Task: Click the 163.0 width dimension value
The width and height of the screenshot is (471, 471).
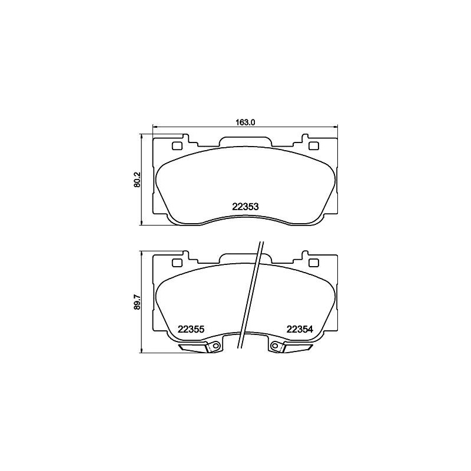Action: coord(244,122)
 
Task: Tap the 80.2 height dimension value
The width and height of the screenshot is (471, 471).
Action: coord(137,179)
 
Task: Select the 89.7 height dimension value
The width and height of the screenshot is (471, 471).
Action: coord(137,301)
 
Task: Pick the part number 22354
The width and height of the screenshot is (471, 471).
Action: coord(299,329)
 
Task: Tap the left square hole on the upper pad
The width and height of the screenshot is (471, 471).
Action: coord(177,146)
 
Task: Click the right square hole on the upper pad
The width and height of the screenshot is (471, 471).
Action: coord(314,146)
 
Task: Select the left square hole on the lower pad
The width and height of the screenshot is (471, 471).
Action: coord(177,263)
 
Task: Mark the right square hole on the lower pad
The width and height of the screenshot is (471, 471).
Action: coord(314,263)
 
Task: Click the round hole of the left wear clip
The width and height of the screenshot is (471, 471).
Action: coord(215,346)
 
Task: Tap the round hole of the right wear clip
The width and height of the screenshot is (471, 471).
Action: coord(275,346)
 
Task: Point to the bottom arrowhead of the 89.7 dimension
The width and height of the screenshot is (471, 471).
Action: coord(142,351)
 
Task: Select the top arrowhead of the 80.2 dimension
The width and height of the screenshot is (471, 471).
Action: coord(142,135)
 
